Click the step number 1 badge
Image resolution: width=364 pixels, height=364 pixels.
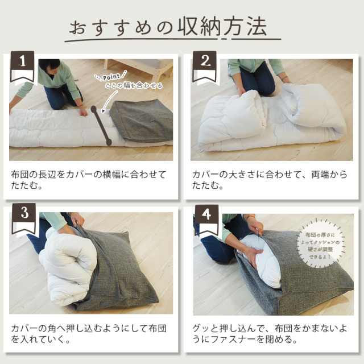click(22, 67)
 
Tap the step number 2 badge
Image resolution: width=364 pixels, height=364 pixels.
click(205, 67)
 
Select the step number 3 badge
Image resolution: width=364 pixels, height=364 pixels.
click(24, 218)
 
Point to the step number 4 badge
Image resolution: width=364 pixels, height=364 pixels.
click(206, 220)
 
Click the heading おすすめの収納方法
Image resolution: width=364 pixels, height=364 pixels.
click(168, 27)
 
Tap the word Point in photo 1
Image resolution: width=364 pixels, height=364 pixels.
click(111, 77)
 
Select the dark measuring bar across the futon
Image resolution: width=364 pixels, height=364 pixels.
click(101, 126)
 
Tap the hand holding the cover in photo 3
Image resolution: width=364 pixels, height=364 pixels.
click(77, 220)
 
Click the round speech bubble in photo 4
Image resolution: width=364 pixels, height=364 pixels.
click(320, 246)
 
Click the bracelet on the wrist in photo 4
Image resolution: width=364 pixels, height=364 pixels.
click(250, 217)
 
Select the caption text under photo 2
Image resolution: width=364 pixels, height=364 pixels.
click(269, 180)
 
